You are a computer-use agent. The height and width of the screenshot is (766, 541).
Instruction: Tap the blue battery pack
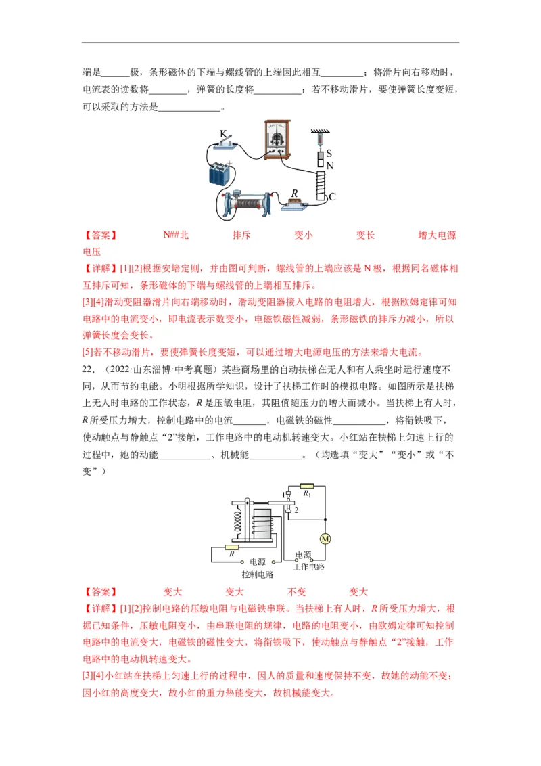coord(220,175)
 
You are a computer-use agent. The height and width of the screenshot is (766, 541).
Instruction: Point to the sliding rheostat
coord(248,201)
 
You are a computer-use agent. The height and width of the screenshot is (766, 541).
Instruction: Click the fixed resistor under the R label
coord(294,201)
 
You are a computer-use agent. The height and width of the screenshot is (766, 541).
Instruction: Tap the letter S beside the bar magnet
coord(329,154)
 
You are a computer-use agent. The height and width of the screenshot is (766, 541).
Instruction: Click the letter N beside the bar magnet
coord(329,166)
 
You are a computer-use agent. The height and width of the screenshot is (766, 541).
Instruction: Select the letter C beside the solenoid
coord(331,197)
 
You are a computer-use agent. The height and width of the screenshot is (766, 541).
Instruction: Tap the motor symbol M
coord(325,539)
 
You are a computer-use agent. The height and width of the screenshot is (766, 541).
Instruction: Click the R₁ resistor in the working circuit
coord(307,485)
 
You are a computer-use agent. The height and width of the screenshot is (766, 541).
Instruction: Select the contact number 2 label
coord(296,510)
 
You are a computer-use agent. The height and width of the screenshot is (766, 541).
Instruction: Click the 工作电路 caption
coord(308,567)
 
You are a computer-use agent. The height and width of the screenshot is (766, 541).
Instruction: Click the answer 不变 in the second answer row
coord(297,591)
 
